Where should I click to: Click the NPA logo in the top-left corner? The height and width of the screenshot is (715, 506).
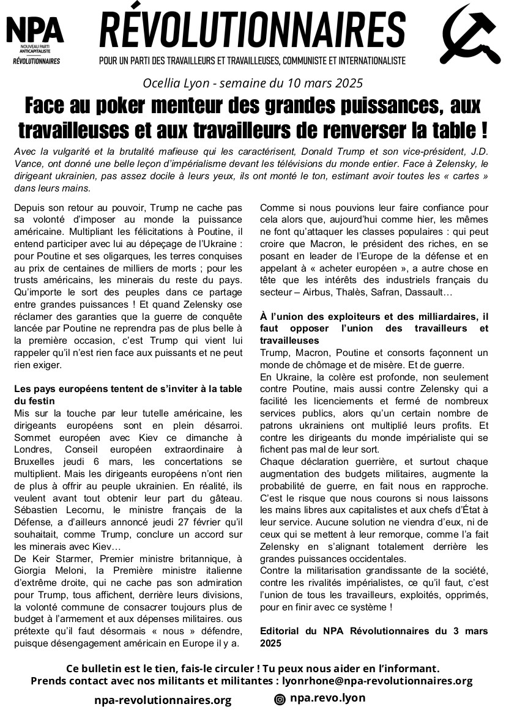[35, 39]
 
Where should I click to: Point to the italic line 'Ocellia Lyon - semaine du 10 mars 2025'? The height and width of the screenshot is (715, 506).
[253, 83]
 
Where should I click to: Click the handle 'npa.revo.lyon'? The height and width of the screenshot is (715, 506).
[327, 698]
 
